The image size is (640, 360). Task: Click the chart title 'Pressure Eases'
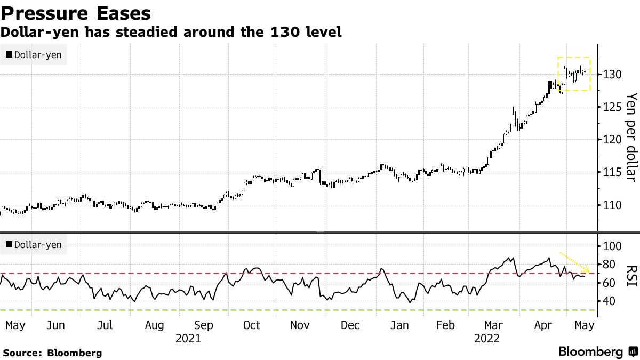coord(75,13)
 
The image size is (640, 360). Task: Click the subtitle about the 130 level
coord(171,32)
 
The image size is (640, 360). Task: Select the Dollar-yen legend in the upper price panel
coord(34,55)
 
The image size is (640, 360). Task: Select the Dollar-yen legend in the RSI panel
coord(34,245)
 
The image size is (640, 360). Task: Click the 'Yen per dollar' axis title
coord(631,137)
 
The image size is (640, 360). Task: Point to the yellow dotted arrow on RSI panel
coord(574,262)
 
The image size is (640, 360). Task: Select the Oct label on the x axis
coord(251,325)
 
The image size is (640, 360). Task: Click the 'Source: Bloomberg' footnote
coord(52,353)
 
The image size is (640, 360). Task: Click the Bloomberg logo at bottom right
coord(597,351)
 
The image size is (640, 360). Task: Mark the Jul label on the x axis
coord(106,325)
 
